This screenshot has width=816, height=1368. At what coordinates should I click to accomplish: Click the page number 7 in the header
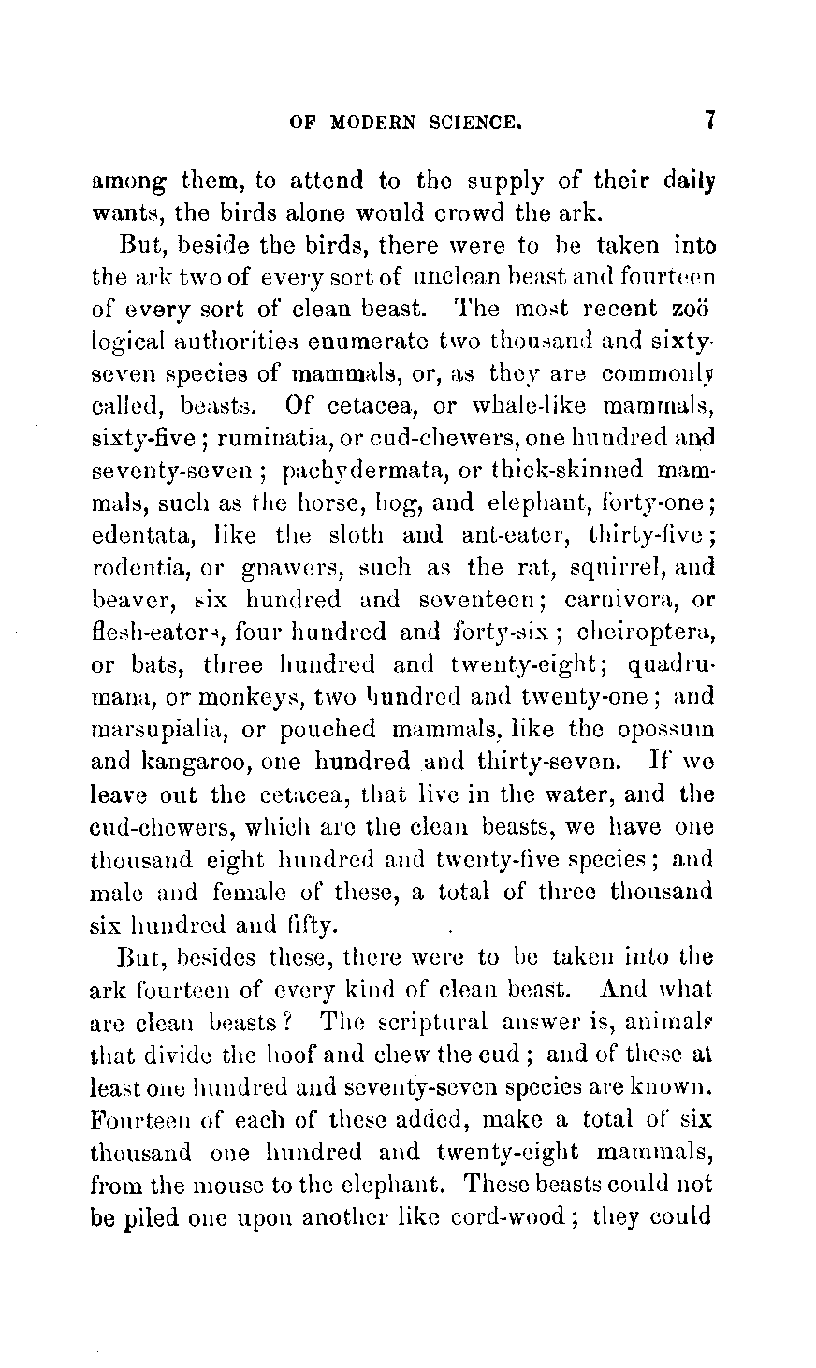tap(711, 121)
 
